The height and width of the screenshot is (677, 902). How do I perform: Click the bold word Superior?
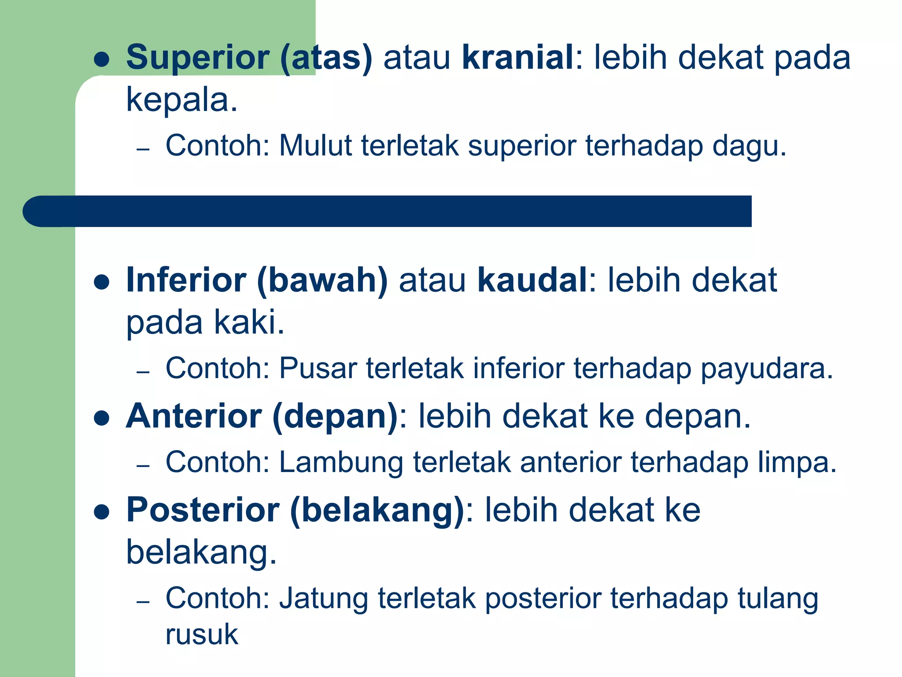tap(197, 58)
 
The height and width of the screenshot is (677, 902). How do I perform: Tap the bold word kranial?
tap(518, 58)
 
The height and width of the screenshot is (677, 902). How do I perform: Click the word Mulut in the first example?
tap(315, 145)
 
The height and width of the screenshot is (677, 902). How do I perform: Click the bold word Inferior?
tap(186, 280)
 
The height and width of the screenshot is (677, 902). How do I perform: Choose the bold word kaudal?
tap(532, 280)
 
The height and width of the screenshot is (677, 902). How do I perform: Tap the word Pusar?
tap(318, 368)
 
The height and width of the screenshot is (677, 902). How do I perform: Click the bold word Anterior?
tap(194, 416)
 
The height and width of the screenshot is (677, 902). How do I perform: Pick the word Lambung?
tap(341, 463)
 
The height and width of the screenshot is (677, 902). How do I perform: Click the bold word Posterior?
tap(203, 510)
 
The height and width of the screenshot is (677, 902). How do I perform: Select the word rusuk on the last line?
tap(202, 635)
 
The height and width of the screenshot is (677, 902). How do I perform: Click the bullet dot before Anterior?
tap(102, 418)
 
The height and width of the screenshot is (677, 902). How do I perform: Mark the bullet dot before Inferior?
tap(102, 282)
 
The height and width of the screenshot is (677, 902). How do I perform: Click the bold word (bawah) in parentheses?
tap(322, 281)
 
